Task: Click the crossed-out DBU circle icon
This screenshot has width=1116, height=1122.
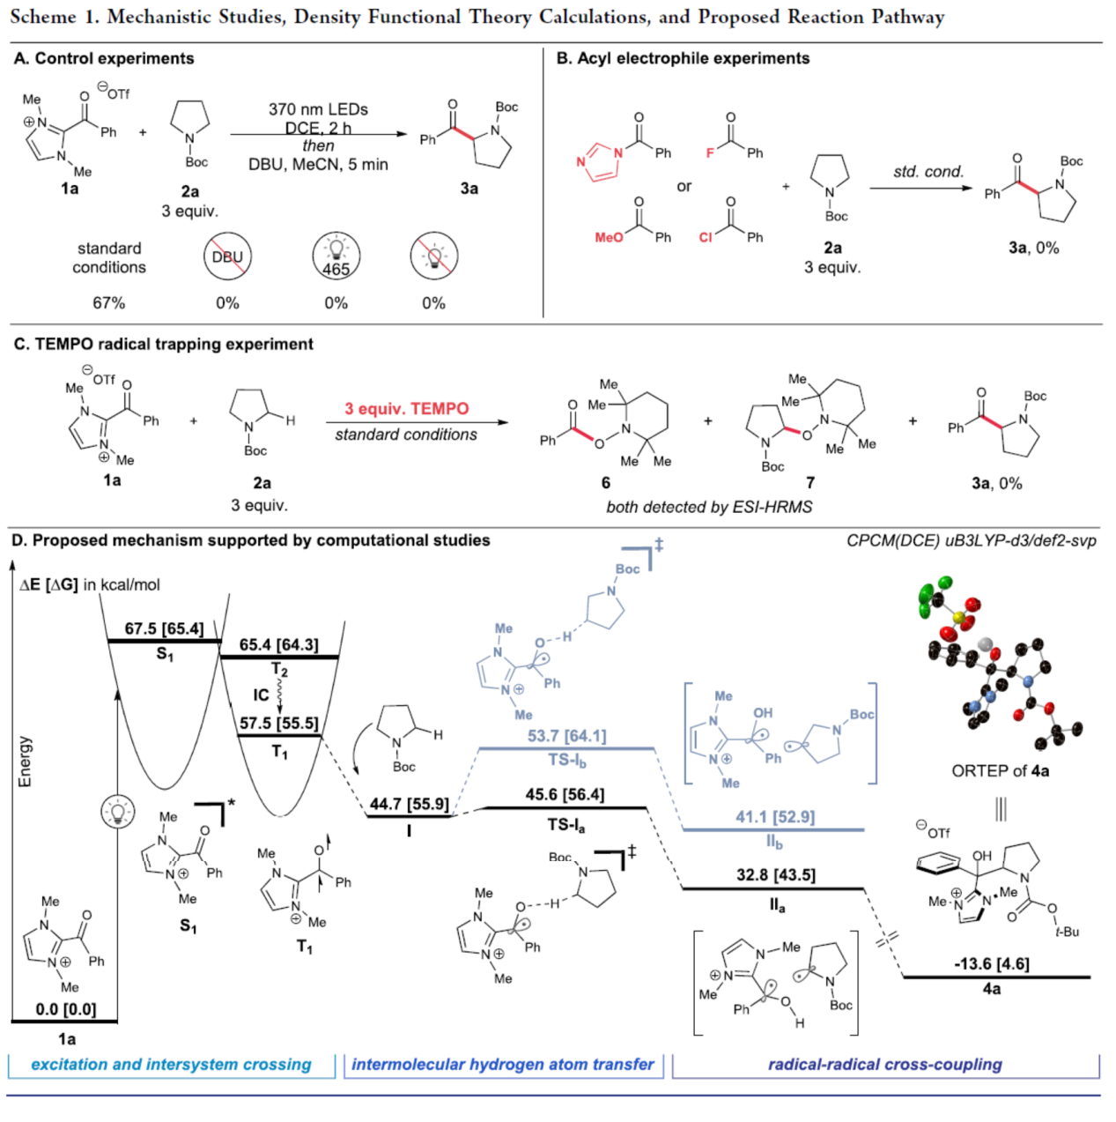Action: pyautogui.click(x=227, y=256)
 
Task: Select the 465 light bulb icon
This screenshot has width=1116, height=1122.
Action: pyautogui.click(x=336, y=257)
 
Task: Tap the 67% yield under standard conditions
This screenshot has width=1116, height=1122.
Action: pyautogui.click(x=109, y=303)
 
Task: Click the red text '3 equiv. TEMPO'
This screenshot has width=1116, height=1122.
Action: pyautogui.click(x=406, y=409)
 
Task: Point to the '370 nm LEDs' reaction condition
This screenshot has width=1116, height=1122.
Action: pyautogui.click(x=318, y=109)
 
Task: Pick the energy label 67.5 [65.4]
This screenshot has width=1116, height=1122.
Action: pyautogui.click(x=164, y=628)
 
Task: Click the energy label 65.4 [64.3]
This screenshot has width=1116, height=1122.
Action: pyautogui.click(x=279, y=645)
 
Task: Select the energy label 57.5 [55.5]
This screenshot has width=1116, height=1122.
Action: pyautogui.click(x=279, y=724)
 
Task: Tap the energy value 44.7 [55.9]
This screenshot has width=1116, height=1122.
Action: pyautogui.click(x=409, y=804)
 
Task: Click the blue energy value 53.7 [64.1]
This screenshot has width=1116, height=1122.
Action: pyautogui.click(x=566, y=736)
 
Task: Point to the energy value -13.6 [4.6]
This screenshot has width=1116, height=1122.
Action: pyautogui.click(x=991, y=963)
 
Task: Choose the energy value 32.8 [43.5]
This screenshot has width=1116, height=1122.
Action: pyautogui.click(x=776, y=875)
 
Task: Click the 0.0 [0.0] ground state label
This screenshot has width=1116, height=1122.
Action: pyautogui.click(x=66, y=1009)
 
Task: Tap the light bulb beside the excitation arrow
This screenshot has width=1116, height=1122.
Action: pyautogui.click(x=116, y=811)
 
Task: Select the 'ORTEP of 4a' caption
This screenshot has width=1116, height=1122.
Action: pyautogui.click(x=1000, y=771)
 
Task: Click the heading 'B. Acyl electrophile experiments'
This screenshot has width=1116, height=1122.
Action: pyautogui.click(x=683, y=58)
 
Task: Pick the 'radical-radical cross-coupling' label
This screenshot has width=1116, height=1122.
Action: pyautogui.click(x=884, y=1064)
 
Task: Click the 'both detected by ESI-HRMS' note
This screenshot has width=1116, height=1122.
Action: pyautogui.click(x=709, y=507)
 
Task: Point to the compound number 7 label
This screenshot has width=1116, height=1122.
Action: pyautogui.click(x=810, y=482)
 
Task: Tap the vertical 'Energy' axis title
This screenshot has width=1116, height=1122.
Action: pyautogui.click(x=25, y=762)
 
